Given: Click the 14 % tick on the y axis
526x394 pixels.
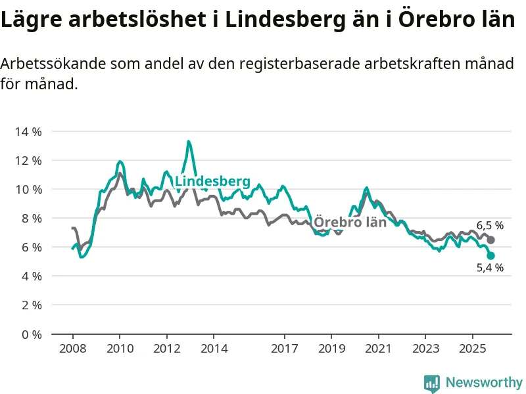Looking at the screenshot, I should coord(28,131).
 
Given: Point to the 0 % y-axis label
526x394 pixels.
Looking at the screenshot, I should coord(30,334).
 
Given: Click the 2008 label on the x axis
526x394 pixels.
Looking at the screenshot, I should coord(72,348).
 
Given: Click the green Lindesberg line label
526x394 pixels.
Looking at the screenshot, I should coord(212,181).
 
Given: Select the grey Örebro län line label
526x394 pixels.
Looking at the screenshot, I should coord(350,222).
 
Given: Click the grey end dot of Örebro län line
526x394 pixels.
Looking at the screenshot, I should coord(490,240).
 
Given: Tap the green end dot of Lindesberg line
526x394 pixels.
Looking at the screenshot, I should coord(490,255).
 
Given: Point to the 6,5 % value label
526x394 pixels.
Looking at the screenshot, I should coord(490,226).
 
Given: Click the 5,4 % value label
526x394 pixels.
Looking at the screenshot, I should coord(490,267).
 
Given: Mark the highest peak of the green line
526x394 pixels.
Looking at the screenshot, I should coord(189,141).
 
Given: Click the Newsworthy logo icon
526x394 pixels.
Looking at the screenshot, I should coord(432,382).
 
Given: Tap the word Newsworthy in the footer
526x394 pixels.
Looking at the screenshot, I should coord(484,382).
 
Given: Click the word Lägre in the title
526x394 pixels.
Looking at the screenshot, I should coord(32,20).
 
